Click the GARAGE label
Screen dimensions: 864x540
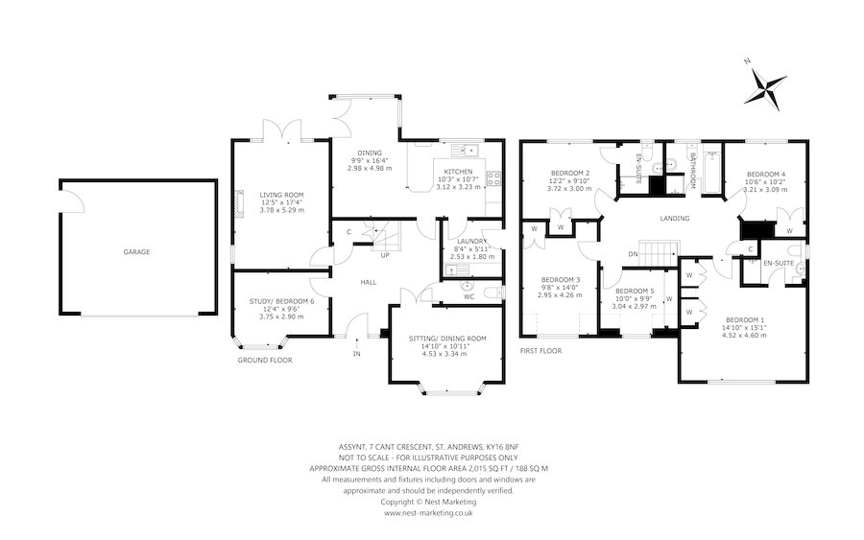click(136, 252)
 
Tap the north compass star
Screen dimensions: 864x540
click(765, 87)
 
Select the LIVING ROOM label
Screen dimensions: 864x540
click(281, 195)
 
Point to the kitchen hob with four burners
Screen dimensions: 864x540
click(492, 177)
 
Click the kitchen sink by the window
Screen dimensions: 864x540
click(465, 150)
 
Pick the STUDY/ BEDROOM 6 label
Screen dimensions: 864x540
click(281, 301)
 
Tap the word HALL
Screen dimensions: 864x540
click(368, 282)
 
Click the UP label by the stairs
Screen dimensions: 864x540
click(385, 255)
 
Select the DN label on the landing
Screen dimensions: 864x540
click(634, 254)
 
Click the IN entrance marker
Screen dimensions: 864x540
click(356, 354)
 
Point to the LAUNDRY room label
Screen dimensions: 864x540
click(471, 241)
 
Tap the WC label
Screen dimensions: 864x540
click(468, 297)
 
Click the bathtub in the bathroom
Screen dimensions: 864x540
click(712, 171)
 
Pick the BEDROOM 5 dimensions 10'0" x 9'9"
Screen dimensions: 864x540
click(635, 298)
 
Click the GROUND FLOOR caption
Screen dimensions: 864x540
click(265, 360)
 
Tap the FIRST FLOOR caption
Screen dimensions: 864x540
click(541, 351)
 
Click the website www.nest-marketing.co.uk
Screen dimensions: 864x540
click(428, 512)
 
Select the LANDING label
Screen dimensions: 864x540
click(675, 219)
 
